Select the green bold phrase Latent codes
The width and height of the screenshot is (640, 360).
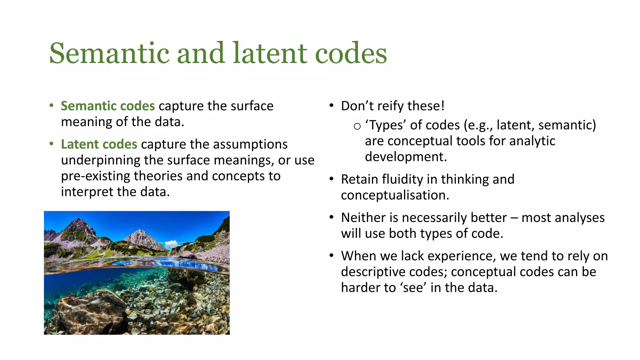[99, 144]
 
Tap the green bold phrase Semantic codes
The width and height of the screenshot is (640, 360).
[107, 106]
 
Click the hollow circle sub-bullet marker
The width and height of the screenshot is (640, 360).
[357, 126]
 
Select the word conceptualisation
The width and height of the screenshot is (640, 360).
[395, 195]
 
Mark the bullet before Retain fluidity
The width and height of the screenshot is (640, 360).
[332, 179]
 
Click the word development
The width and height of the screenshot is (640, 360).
[405, 157]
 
